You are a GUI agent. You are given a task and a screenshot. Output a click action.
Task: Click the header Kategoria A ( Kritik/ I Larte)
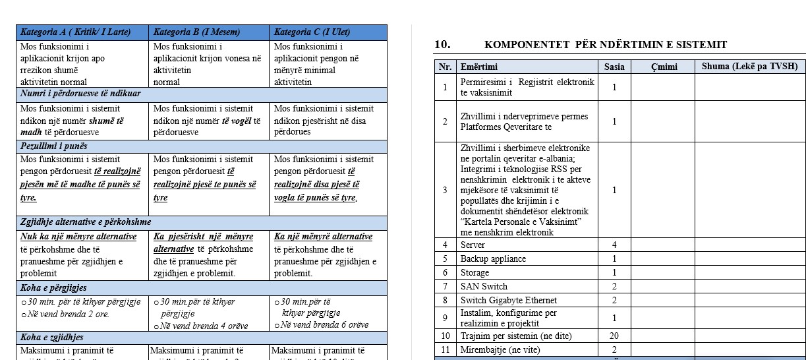tap(76, 32)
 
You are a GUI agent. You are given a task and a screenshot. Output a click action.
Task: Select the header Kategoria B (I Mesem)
tap(196, 32)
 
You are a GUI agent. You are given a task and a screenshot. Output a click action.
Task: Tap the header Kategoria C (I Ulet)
tap(312, 32)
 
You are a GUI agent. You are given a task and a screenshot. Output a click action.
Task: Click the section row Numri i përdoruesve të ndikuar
tap(80, 94)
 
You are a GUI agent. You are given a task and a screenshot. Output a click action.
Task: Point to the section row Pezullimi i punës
tap(54, 146)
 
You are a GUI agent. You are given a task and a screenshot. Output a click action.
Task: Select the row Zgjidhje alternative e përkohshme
tap(86, 222)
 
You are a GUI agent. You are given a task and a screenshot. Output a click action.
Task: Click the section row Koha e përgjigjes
tap(53, 287)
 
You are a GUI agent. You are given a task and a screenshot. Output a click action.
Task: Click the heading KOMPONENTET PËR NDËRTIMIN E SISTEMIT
tap(605, 45)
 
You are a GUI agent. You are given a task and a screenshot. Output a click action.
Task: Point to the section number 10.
tap(442, 45)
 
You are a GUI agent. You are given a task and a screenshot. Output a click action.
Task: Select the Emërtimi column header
tap(479, 67)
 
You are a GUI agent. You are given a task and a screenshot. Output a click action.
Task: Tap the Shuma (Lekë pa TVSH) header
tap(749, 67)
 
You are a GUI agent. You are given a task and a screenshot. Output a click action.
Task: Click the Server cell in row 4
tap(474, 245)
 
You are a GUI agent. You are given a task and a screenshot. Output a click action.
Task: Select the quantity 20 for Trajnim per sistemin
tap(614, 336)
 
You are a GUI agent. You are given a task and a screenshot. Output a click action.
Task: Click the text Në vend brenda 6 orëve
tap(324, 324)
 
